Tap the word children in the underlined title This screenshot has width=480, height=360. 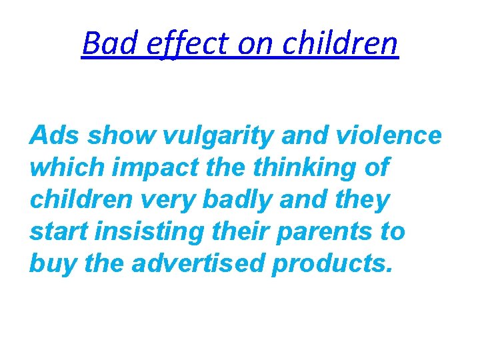click(x=340, y=44)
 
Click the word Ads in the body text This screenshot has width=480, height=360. click(x=54, y=136)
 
